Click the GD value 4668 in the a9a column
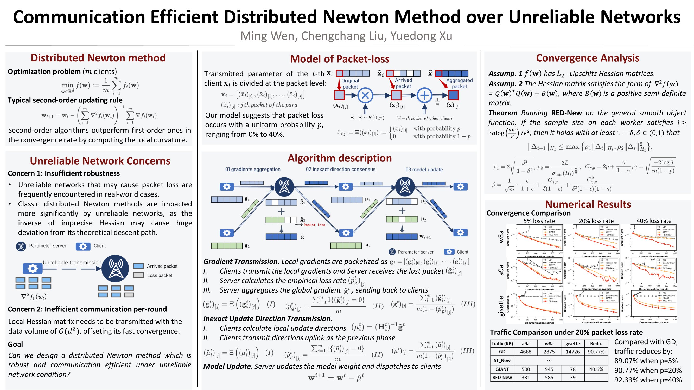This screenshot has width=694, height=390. point(525,352)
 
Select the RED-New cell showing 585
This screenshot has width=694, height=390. point(549,377)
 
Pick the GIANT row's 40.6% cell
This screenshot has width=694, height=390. point(596,369)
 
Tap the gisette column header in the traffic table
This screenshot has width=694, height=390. point(572,343)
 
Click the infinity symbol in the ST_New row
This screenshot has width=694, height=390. point(549,360)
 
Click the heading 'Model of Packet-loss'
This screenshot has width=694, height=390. point(340,59)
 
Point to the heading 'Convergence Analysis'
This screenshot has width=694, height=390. point(588,58)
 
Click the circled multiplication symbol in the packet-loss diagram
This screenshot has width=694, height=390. point(365,95)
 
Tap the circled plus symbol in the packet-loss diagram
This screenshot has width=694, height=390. point(424,95)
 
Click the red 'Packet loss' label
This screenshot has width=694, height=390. point(314,225)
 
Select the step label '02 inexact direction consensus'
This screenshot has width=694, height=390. point(341,169)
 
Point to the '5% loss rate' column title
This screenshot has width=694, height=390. point(539,221)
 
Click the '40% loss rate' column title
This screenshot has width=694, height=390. point(654,221)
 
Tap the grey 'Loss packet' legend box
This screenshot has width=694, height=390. point(138,275)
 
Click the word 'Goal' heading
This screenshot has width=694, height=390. point(15,344)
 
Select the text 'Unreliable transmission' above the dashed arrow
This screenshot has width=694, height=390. point(72,262)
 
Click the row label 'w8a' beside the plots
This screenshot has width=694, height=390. point(501,237)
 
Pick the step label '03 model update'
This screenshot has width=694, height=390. point(424,170)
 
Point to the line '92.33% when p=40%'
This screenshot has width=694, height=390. point(648,380)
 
